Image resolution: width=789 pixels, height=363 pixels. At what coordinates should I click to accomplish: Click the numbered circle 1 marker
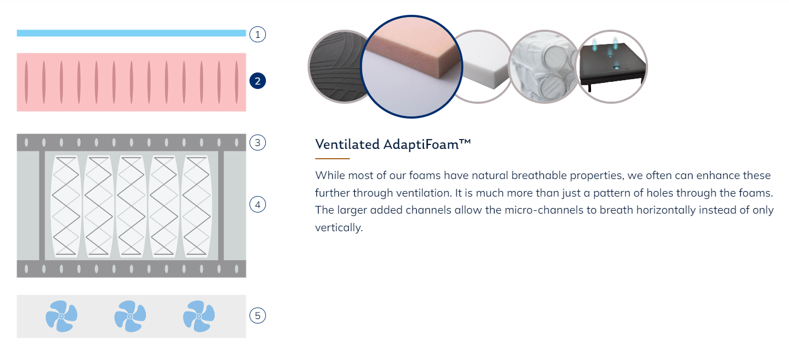click(258, 35)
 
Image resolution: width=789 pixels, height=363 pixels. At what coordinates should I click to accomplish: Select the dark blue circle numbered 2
click(258, 81)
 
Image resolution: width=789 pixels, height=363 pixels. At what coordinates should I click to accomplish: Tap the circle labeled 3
click(258, 143)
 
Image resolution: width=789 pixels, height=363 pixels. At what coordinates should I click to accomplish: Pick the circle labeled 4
click(258, 205)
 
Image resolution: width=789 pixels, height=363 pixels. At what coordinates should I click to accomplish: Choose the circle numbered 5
click(258, 315)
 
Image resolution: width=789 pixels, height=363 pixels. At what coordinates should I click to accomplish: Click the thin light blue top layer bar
click(132, 33)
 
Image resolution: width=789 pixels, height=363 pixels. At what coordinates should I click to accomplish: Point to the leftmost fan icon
click(61, 316)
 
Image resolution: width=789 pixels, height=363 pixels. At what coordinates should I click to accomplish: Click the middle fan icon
click(130, 316)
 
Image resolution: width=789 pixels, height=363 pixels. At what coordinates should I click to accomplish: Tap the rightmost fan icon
click(198, 316)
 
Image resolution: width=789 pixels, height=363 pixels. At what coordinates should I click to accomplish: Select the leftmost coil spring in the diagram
click(66, 206)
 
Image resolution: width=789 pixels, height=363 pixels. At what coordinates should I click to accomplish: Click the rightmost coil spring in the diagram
click(196, 206)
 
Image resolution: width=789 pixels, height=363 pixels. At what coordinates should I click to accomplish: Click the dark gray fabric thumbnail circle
click(337, 66)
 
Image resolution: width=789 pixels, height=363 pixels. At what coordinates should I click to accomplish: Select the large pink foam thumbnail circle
click(411, 66)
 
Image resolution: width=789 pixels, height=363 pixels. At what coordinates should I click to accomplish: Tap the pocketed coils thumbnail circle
click(544, 66)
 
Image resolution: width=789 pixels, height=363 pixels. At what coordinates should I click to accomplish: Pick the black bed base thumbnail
click(611, 66)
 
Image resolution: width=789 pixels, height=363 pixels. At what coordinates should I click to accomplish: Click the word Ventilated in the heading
click(347, 144)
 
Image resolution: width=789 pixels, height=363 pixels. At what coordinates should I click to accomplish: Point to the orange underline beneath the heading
click(332, 159)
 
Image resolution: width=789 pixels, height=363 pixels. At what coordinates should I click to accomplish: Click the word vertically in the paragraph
click(339, 227)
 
